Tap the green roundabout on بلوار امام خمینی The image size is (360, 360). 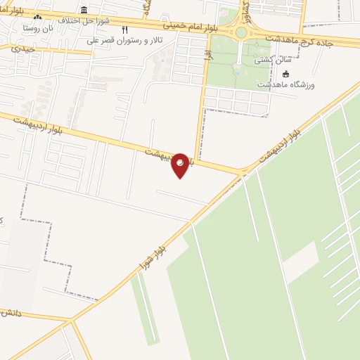click(241, 32)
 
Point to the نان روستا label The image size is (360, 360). click(39, 28)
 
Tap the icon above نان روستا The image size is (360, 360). click(37, 17)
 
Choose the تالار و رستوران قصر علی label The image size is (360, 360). click(126, 41)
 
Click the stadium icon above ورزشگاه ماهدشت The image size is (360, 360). click(285, 74)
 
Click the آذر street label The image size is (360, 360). click(207, 53)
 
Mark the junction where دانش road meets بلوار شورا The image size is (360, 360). click(71, 321)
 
